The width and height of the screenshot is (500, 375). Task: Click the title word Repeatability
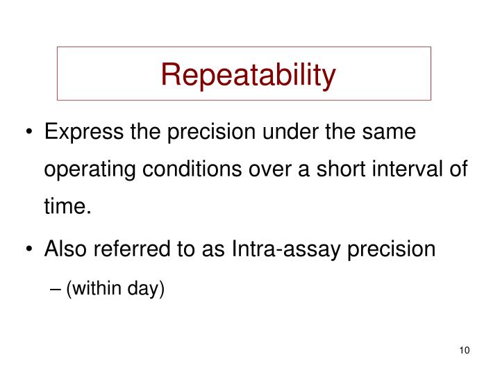(x=248, y=74)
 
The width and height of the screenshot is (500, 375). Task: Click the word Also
(x=65, y=249)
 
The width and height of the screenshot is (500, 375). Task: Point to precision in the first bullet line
(x=219, y=131)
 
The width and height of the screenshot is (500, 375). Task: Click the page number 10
(x=465, y=350)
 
